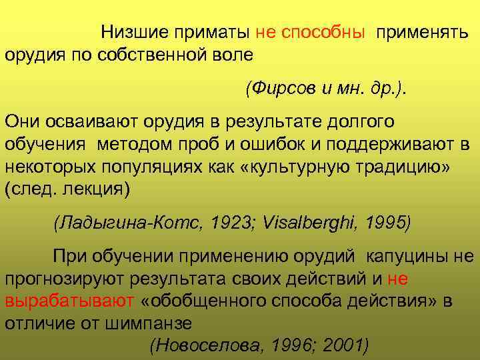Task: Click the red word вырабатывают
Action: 69,301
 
